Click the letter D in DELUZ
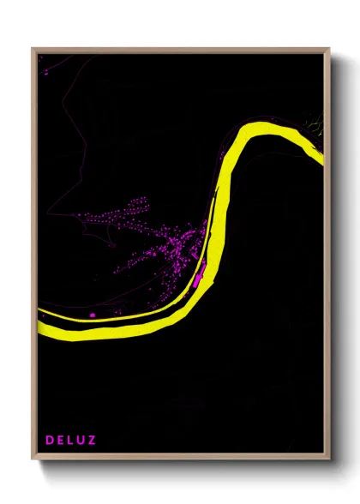tap(50, 441)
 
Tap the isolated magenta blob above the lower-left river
tap(93, 315)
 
